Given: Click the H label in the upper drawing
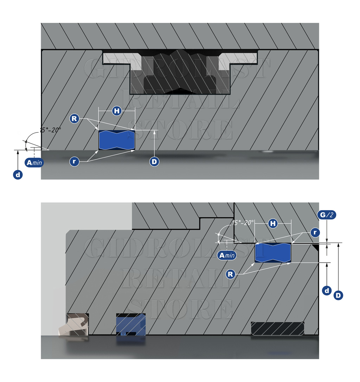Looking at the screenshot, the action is point(117,111).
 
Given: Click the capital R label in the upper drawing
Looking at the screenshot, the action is point(74,119).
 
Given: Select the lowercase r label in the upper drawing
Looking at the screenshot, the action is point(74,161).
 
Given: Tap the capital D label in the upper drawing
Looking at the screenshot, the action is point(154,162).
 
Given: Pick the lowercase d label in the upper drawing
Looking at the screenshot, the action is point(18,175).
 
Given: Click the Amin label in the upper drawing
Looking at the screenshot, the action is point(34,162).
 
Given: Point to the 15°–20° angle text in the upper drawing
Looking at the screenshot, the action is point(50,130).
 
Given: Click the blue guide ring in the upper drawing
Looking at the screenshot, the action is point(117,140).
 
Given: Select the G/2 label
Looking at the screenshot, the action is point(327,215).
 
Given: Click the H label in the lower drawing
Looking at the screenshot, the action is point(273,224).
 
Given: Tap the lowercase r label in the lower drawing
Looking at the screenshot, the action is point(315,232).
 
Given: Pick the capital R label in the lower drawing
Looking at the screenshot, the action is point(230,274).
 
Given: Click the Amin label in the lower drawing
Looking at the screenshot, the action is point(227,255).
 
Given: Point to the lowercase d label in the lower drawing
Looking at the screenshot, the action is point(327,290).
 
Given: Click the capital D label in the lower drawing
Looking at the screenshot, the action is point(338,296).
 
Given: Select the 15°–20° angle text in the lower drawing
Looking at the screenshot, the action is point(243,222).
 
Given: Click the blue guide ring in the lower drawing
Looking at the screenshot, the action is point(273,253).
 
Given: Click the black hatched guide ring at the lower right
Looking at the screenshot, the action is point(278,328).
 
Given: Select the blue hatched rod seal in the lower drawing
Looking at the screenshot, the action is point(131,324).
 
